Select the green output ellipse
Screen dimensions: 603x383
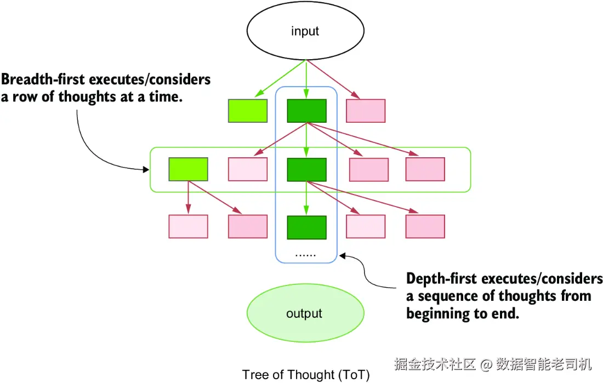point(305,313)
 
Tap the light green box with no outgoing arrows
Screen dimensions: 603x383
point(248,111)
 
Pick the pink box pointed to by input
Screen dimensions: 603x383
point(366,111)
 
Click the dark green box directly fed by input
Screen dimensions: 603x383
point(306,111)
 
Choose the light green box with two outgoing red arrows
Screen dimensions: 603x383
point(188,169)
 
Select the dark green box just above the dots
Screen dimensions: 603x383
point(306,227)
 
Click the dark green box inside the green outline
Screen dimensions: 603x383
point(306,169)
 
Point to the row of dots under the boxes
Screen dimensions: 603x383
point(305,255)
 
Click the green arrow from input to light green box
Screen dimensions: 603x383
point(280,78)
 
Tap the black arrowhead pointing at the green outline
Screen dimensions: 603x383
point(146,169)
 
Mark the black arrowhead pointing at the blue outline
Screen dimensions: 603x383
point(342,256)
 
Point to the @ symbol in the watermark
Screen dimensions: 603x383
point(486,364)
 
